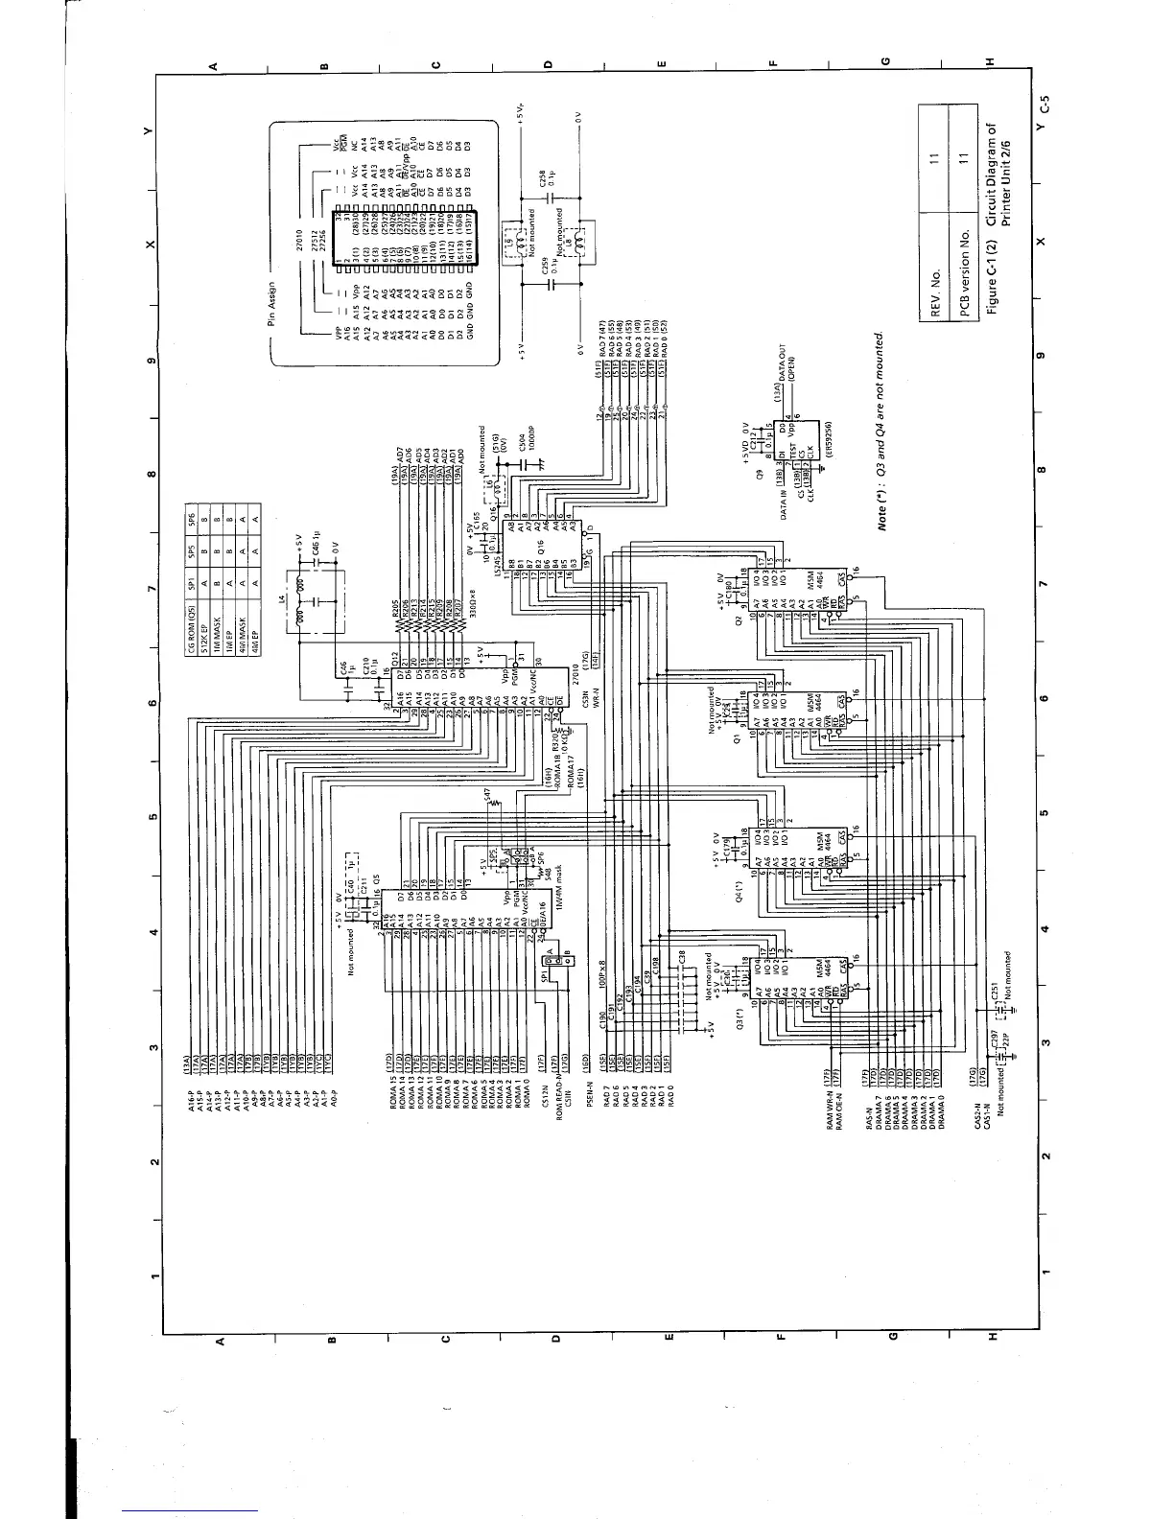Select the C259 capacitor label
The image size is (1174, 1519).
point(542,280)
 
